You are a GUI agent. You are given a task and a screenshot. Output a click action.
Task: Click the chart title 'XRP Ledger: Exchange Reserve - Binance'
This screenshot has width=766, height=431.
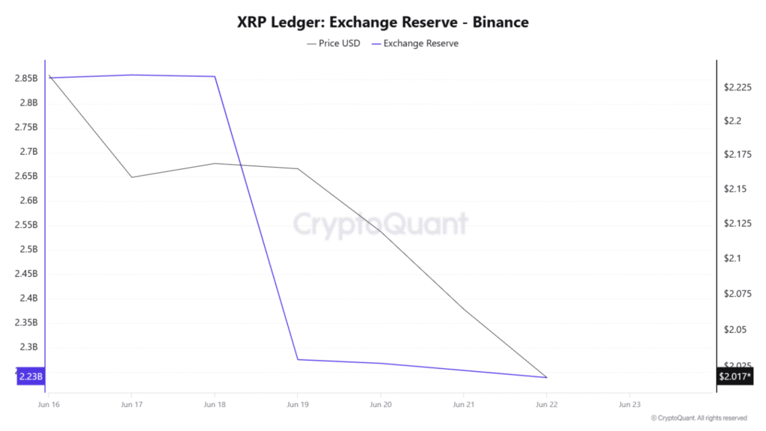tap(382, 22)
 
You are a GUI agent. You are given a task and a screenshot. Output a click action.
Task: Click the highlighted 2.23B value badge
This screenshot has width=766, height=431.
tap(30, 376)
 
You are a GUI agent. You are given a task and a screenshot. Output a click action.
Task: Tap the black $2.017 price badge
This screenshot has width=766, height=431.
tap(735, 376)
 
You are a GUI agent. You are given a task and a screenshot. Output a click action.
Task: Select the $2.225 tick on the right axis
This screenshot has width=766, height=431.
tap(737, 88)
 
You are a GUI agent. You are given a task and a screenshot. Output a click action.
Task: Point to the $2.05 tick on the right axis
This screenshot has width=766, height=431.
tap(735, 329)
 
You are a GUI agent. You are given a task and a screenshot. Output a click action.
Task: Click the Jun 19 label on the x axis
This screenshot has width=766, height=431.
tap(298, 404)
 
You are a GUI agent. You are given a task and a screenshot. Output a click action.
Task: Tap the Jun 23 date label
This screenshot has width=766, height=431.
tap(630, 404)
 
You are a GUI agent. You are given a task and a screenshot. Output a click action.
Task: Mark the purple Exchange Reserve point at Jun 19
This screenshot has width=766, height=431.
tap(298, 359)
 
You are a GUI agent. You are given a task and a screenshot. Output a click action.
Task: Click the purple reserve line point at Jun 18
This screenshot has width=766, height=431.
tap(215, 76)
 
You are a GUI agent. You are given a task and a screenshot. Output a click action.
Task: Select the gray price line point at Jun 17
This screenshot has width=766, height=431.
tap(132, 177)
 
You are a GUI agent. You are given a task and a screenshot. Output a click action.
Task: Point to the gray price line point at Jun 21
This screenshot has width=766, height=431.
tap(464, 309)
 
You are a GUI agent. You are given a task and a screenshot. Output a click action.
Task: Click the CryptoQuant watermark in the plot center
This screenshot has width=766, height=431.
tap(380, 224)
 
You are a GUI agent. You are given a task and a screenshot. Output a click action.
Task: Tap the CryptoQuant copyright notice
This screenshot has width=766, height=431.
tap(699, 418)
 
